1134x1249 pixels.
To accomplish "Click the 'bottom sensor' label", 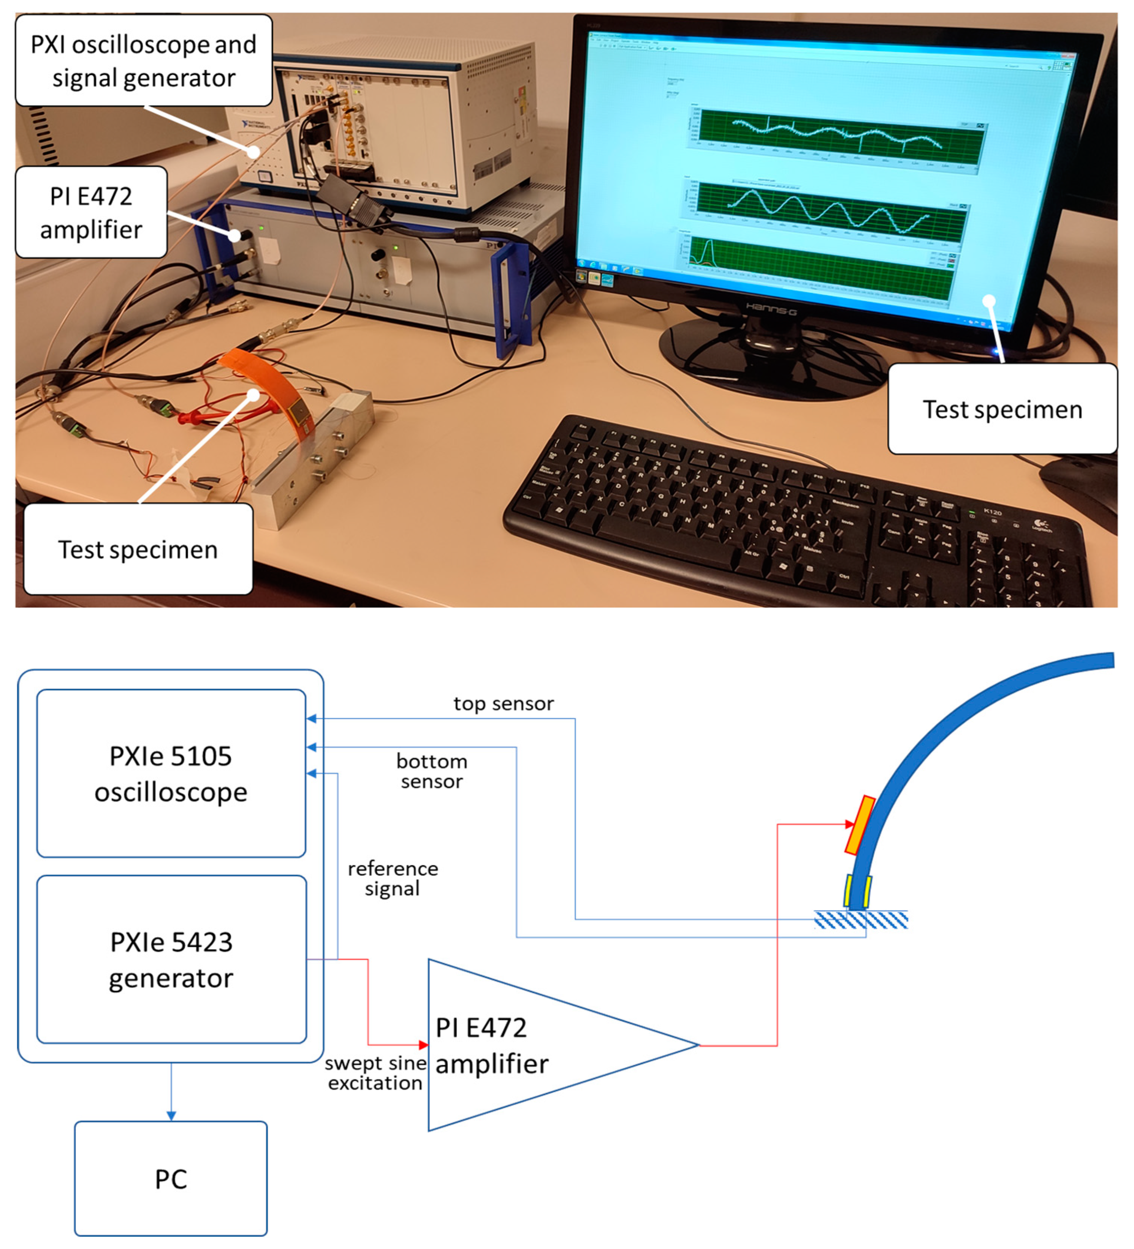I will click(432, 771).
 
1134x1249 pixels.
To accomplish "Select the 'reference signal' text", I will click(393, 878).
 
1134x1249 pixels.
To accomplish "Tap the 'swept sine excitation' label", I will click(375, 1073).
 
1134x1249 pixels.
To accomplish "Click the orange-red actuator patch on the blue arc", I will click(860, 825).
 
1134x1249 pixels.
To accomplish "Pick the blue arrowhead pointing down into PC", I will click(171, 1116).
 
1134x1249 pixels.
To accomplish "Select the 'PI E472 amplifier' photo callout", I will click(91, 213).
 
